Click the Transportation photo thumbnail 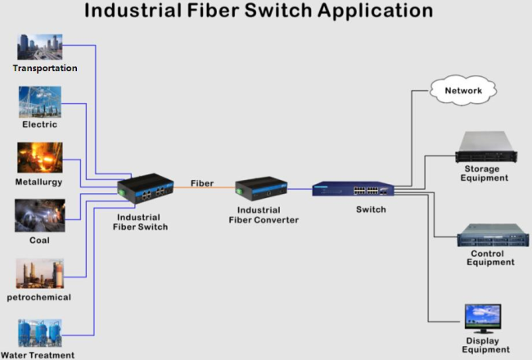pyautogui.click(x=39, y=47)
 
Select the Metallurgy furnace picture pyautogui.click(x=39, y=159)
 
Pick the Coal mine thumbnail pyautogui.click(x=39, y=215)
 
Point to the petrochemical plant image pyautogui.click(x=39, y=274)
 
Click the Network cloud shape pyautogui.click(x=463, y=90)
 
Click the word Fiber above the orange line pyautogui.click(x=202, y=183)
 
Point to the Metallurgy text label pyautogui.click(x=38, y=182)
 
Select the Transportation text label pyautogui.click(x=45, y=68)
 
